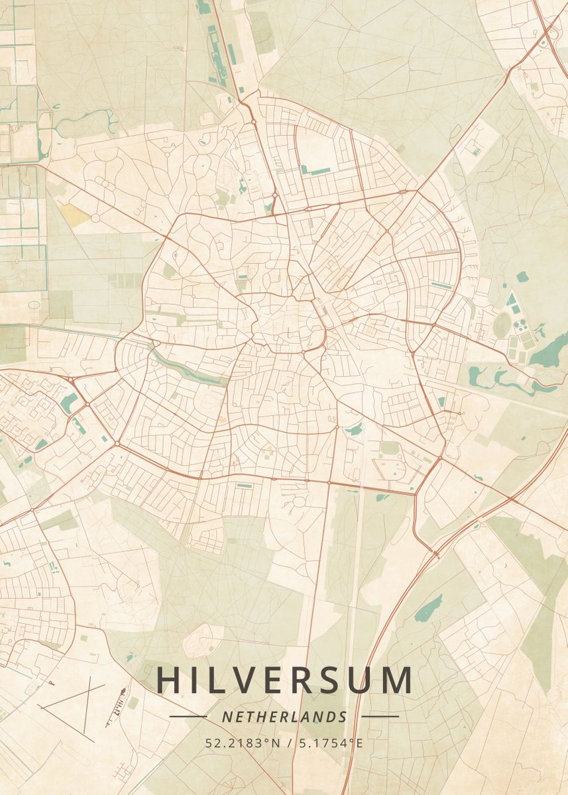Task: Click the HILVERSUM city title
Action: (x=284, y=680)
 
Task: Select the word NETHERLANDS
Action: (x=284, y=717)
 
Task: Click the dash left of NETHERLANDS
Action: (x=188, y=717)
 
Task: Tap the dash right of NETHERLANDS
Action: (x=380, y=717)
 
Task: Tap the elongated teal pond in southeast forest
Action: (x=429, y=608)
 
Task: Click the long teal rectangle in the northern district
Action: (x=315, y=170)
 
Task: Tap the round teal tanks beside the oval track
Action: (x=521, y=325)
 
